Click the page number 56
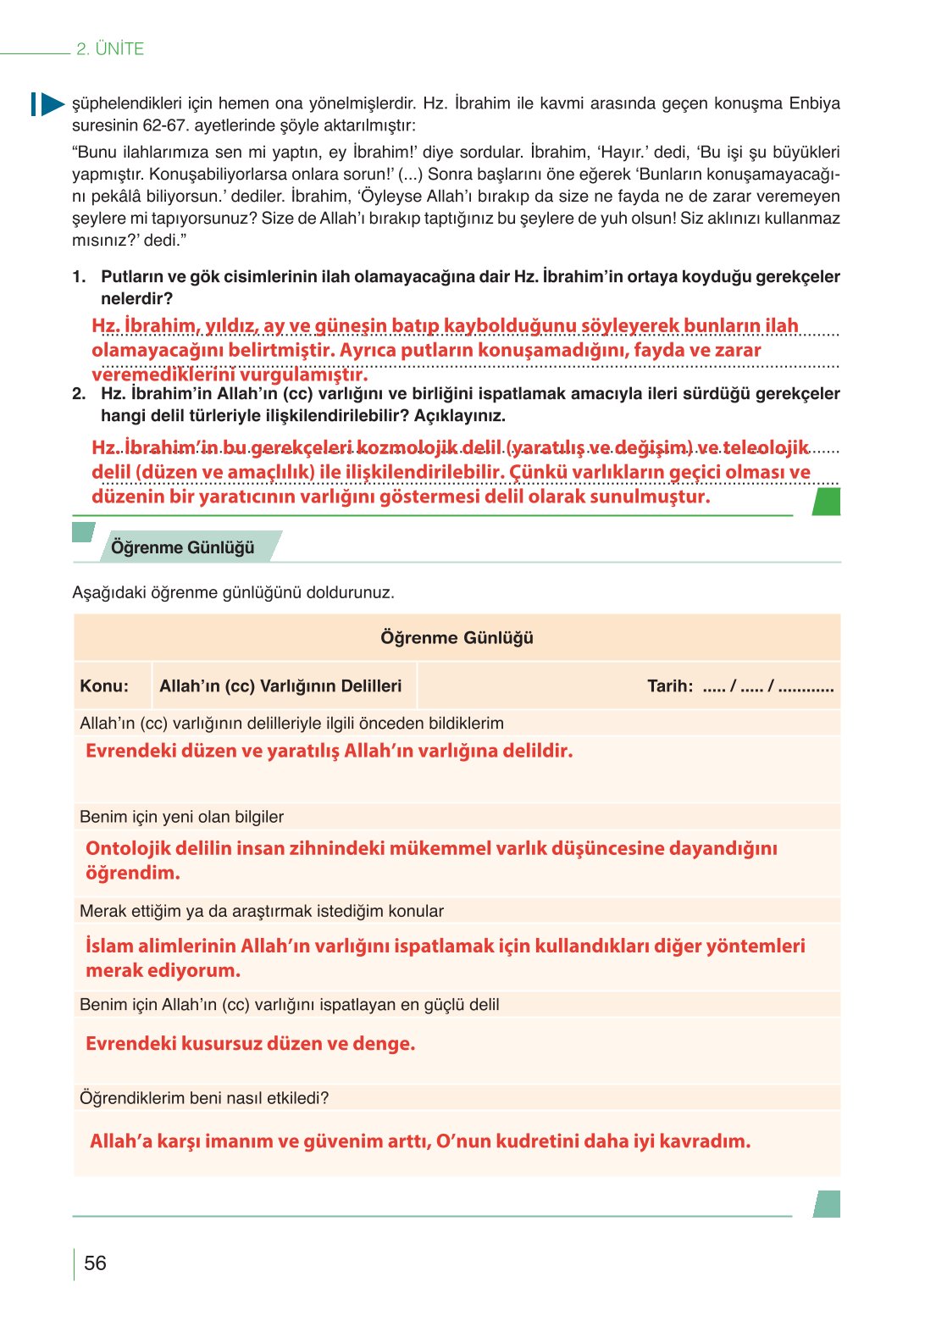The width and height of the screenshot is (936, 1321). [x=95, y=1263]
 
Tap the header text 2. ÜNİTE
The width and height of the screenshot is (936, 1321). [x=110, y=49]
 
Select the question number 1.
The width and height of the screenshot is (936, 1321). [x=79, y=277]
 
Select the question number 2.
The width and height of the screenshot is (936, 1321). [x=79, y=394]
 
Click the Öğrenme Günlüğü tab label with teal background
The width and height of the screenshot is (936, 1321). [x=182, y=547]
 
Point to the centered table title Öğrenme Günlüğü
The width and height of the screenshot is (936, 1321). [x=457, y=638]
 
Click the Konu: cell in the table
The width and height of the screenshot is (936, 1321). [x=104, y=686]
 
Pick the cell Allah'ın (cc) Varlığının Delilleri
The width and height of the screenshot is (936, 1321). [x=280, y=686]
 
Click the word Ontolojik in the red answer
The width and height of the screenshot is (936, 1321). [x=125, y=849]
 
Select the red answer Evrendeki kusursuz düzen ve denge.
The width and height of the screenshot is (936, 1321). [x=251, y=1044]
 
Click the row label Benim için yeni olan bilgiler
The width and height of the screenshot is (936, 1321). [x=181, y=817]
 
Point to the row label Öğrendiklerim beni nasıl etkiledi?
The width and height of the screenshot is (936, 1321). [x=204, y=1098]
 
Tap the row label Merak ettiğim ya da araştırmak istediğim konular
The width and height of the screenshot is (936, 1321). [x=261, y=911]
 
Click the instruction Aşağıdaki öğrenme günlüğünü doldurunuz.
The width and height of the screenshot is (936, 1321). [x=233, y=592]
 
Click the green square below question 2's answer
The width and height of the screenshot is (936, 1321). [x=826, y=502]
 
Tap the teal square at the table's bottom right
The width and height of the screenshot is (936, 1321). [x=827, y=1204]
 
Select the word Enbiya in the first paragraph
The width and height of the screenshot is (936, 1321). [x=814, y=103]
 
